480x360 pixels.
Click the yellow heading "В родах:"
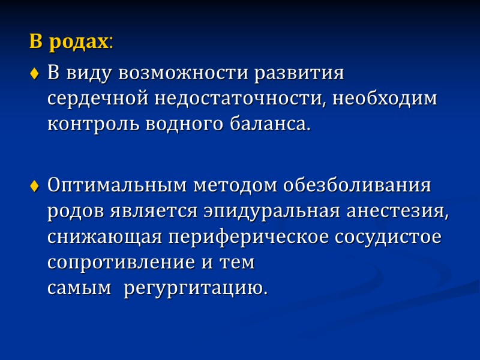[71, 42]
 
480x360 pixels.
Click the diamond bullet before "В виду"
[35, 75]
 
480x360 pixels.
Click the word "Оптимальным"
[118, 186]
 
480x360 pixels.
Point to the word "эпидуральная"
[274, 211]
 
